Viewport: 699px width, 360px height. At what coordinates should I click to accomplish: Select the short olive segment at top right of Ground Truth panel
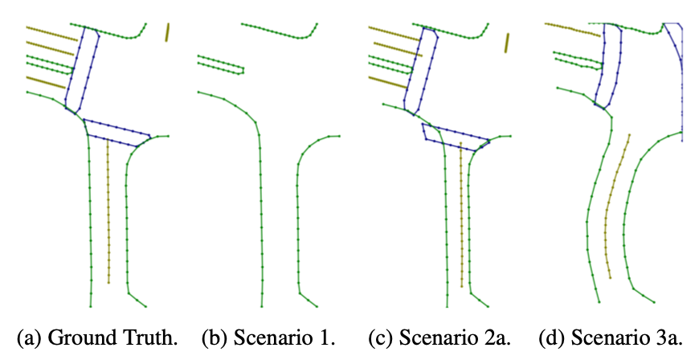coord(167,31)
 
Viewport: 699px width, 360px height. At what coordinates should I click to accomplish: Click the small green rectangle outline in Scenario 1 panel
coord(220,63)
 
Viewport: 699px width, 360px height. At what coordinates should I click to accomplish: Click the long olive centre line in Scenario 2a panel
coord(461,217)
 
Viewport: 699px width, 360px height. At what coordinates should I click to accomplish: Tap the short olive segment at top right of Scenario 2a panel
coord(506,41)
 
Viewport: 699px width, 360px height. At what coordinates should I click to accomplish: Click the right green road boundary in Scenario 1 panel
coord(298,217)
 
